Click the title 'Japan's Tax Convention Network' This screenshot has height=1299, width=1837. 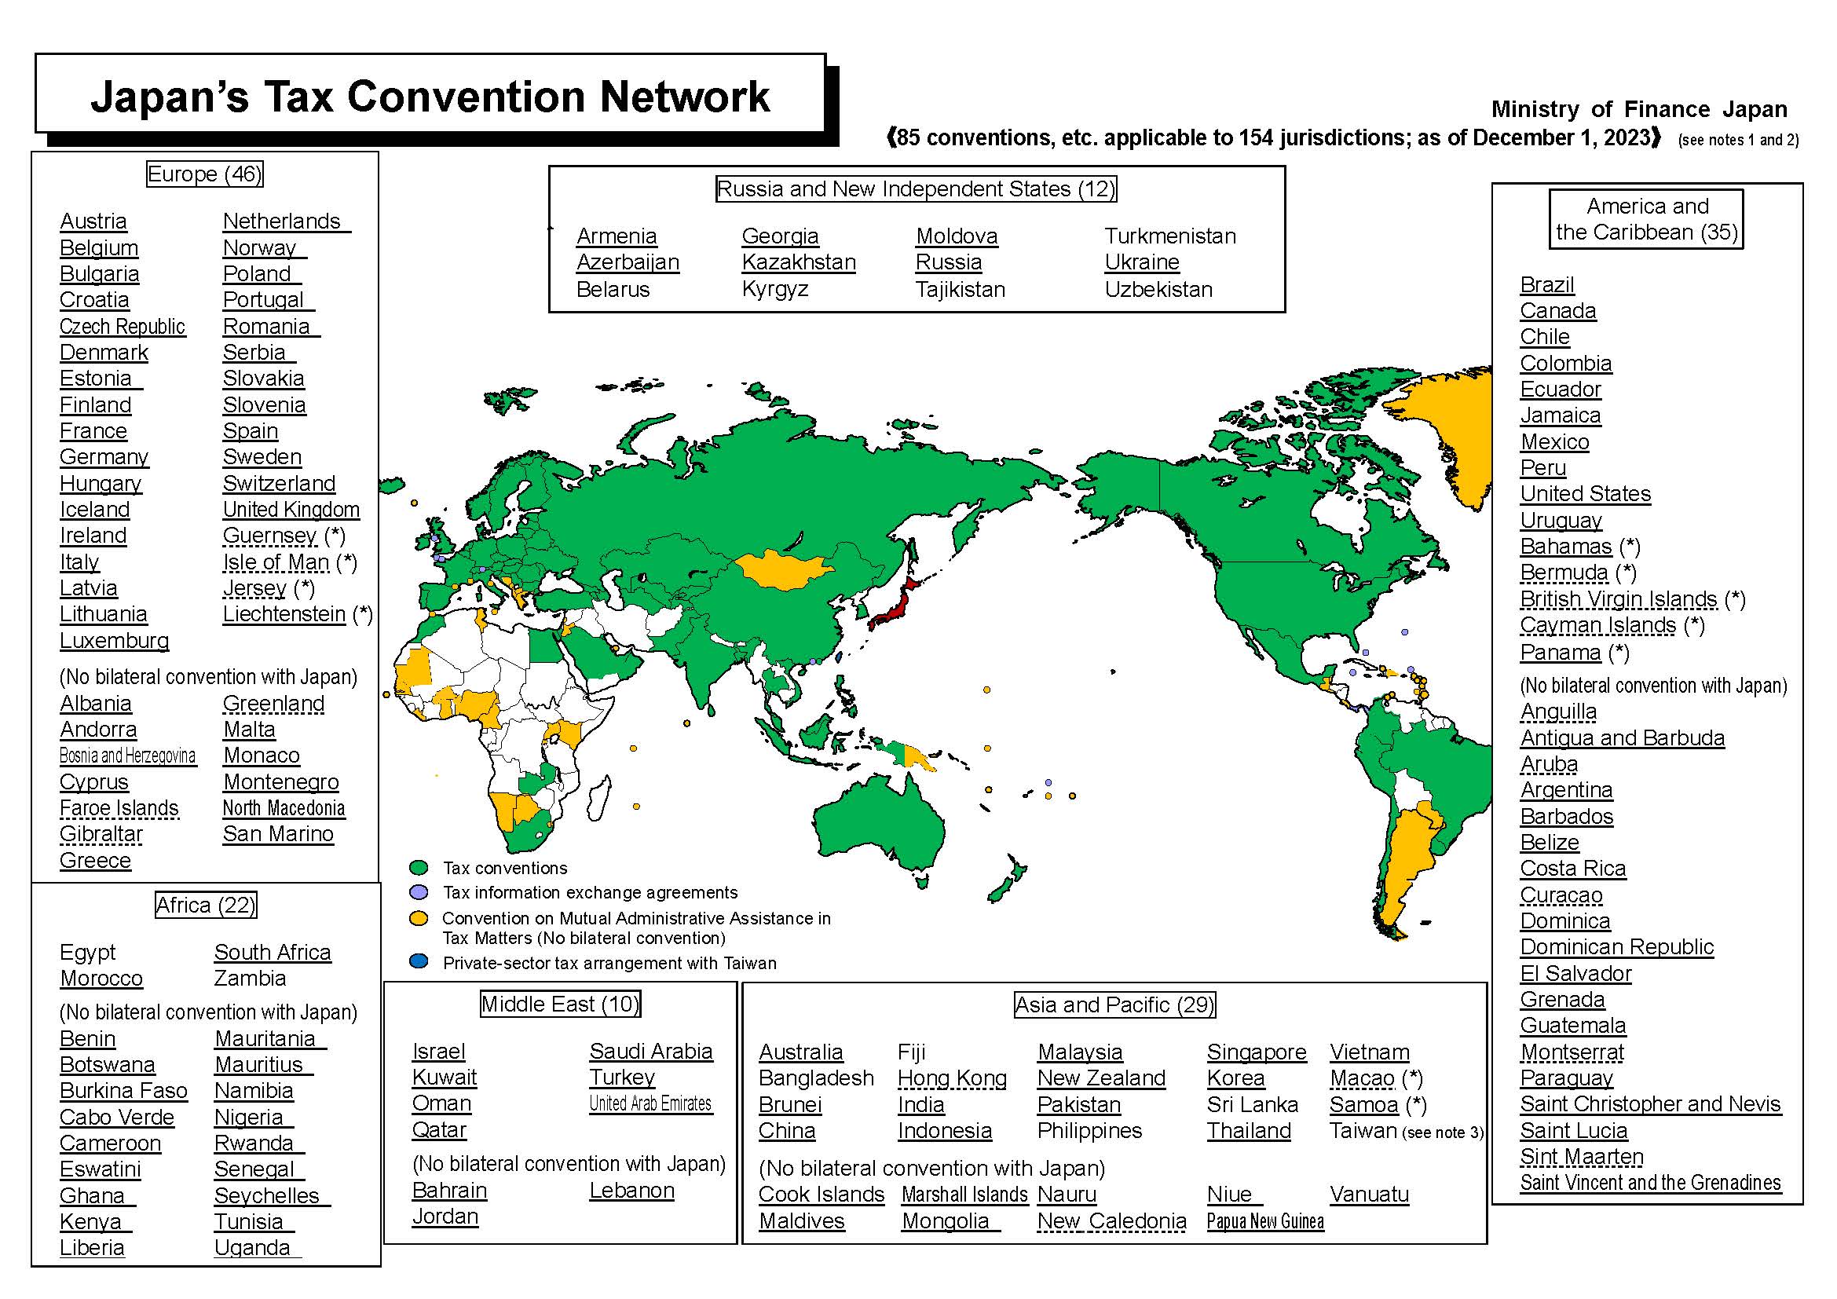(x=430, y=96)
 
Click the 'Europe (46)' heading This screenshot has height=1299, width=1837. (x=204, y=174)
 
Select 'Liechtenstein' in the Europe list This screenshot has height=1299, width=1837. (x=284, y=613)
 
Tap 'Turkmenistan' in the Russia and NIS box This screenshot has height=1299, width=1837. (x=1169, y=236)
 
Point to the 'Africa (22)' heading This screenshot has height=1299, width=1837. (x=206, y=905)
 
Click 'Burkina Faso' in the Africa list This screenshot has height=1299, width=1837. (x=123, y=1090)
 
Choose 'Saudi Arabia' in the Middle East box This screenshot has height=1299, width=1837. (x=650, y=1051)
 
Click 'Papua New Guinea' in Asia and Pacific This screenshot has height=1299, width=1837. (x=1264, y=1220)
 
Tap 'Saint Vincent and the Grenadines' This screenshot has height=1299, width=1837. (x=1650, y=1182)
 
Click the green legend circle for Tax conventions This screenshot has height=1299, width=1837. (x=419, y=868)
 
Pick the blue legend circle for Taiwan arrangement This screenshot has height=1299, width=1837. (x=419, y=961)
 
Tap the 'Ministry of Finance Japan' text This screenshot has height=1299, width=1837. (x=1638, y=109)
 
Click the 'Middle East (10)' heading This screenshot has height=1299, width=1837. (x=560, y=1004)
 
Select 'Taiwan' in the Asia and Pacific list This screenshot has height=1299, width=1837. (x=1363, y=1130)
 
